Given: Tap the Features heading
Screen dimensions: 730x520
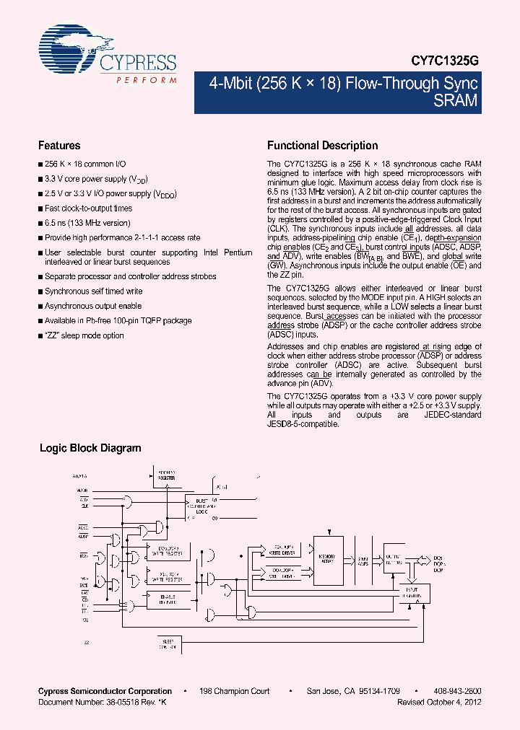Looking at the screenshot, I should click(59, 145).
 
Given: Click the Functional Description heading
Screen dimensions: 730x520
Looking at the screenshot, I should click(322, 145).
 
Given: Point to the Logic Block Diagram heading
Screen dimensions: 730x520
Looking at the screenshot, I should click(90, 448).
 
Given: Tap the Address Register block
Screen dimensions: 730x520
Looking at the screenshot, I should click(167, 475).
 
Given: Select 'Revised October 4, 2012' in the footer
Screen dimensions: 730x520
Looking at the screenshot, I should click(439, 701).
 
